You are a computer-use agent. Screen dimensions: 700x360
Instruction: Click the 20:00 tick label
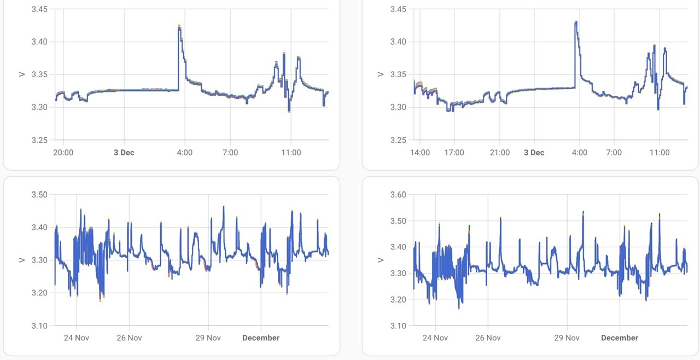[63, 153]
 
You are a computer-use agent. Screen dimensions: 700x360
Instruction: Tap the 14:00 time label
[419, 153]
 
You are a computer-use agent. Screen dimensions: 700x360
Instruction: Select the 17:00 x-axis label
[454, 153]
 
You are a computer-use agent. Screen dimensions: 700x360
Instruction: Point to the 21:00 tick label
[500, 153]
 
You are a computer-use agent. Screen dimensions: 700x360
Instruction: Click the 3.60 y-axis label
[398, 194]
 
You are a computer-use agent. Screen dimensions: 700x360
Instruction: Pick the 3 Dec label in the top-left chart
[124, 153]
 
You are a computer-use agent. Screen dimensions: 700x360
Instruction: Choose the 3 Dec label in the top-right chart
[534, 153]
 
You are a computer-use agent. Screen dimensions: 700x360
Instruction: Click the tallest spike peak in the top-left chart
[179, 25]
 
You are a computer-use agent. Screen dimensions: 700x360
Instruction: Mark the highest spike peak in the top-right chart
[576, 22]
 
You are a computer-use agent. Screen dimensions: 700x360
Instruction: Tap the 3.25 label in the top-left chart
[39, 140]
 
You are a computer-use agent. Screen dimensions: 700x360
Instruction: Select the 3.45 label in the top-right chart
[398, 9]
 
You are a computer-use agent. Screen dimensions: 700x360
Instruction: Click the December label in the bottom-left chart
[261, 338]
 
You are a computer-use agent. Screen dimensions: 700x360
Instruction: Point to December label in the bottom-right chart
[620, 338]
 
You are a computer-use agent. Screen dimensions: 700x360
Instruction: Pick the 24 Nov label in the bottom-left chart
[77, 338]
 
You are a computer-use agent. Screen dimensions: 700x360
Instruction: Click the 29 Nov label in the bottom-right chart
[567, 338]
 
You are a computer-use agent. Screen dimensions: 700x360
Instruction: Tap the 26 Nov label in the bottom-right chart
[488, 338]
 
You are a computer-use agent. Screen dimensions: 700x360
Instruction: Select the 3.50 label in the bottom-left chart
[39, 194]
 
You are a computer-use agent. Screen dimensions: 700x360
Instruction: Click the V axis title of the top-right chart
[380, 74]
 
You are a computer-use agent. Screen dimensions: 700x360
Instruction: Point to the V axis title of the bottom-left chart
[21, 260]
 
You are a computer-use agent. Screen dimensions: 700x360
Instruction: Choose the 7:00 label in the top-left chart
[230, 153]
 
